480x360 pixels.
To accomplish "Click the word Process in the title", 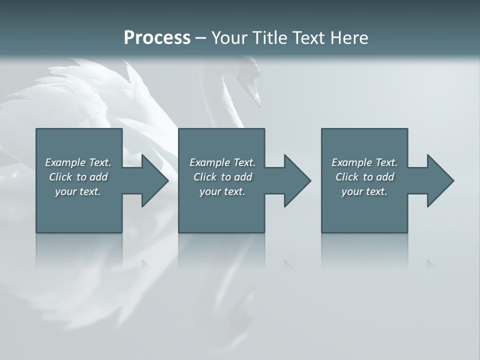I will coord(157,38).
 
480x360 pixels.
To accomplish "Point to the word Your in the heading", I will coord(230,38).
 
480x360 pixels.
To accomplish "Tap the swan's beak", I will coord(255,97).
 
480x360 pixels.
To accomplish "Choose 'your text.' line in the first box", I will coord(78,191).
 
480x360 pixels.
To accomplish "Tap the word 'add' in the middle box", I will coord(242,177).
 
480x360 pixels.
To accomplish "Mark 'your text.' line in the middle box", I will coord(222,191).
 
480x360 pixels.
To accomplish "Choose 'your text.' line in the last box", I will coord(364,191).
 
